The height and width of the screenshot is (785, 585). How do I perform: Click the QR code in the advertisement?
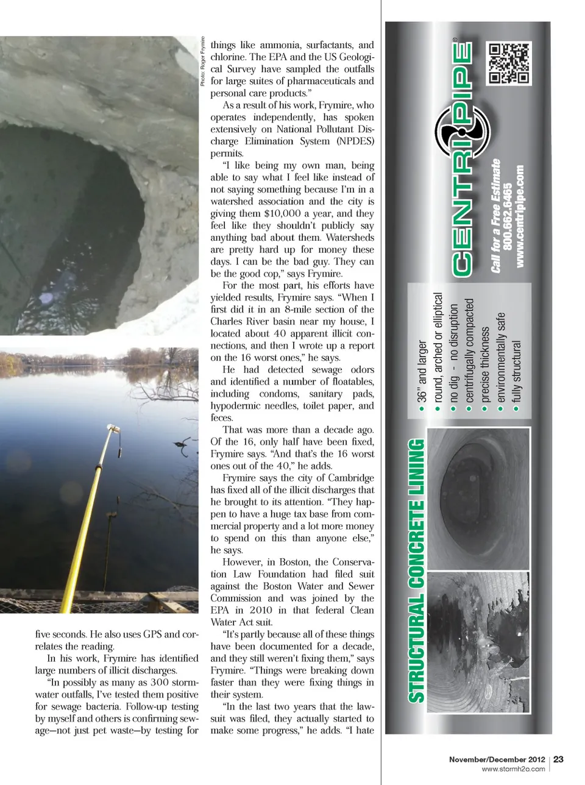pyautogui.click(x=509, y=63)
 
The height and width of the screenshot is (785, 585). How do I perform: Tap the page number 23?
pyautogui.click(x=558, y=759)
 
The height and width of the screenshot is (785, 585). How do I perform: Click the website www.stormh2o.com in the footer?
pyautogui.click(x=513, y=769)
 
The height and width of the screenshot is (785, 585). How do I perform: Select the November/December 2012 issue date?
pyautogui.click(x=497, y=759)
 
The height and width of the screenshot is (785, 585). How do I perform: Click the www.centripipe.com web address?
pyautogui.click(x=520, y=216)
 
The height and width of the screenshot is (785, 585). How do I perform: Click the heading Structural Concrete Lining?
pyautogui.click(x=416, y=570)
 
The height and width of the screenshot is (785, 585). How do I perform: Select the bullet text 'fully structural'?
pyautogui.click(x=517, y=371)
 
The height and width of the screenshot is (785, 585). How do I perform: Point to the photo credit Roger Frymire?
pyautogui.click(x=203, y=61)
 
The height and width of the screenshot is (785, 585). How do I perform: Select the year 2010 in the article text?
pyautogui.click(x=261, y=610)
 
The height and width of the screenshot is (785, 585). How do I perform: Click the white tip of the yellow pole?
pyautogui.click(x=112, y=428)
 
